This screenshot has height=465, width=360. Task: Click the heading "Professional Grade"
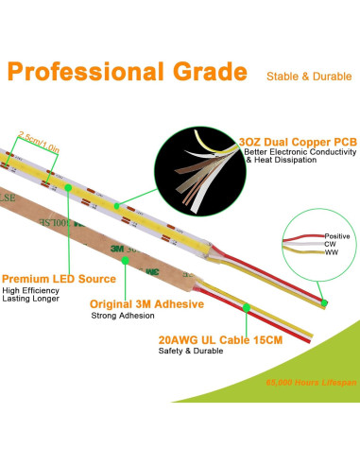pos(129,72)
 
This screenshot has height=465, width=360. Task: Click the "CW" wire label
pos(330,245)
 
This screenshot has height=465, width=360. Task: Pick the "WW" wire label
pos(331,254)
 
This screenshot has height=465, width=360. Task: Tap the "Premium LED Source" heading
pos(59,280)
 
